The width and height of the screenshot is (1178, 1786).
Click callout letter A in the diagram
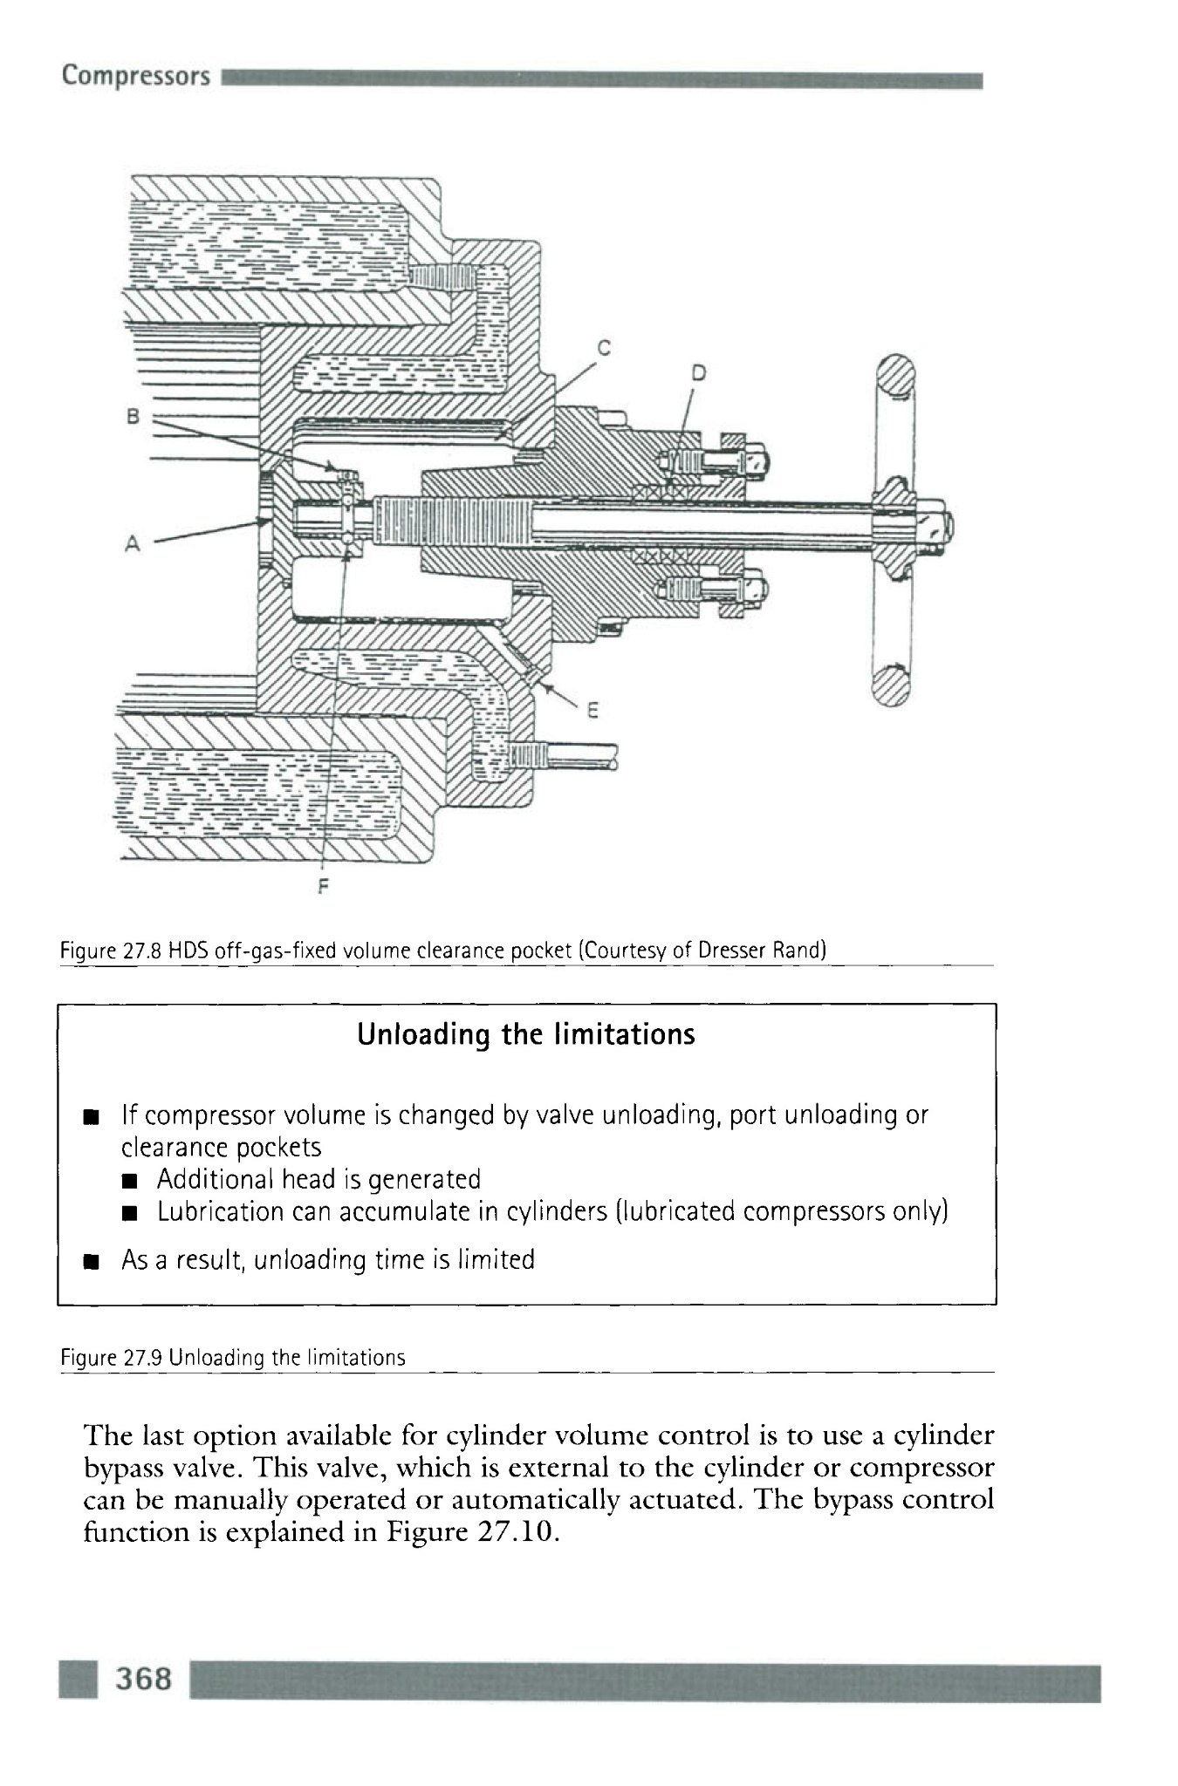tap(132, 543)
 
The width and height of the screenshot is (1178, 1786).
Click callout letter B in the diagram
tap(133, 416)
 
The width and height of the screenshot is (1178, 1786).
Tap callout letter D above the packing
tap(698, 372)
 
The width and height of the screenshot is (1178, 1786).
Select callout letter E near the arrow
tap(592, 710)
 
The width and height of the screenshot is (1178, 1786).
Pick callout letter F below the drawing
tap(324, 887)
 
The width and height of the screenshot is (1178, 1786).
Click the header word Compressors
tap(135, 76)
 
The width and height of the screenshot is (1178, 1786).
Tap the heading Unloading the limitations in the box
tap(526, 1034)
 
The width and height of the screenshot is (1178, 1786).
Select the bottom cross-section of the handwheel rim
tap(891, 685)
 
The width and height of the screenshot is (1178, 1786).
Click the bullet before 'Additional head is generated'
tap(130, 1182)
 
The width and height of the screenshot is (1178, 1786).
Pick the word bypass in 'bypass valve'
tap(120, 1468)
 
